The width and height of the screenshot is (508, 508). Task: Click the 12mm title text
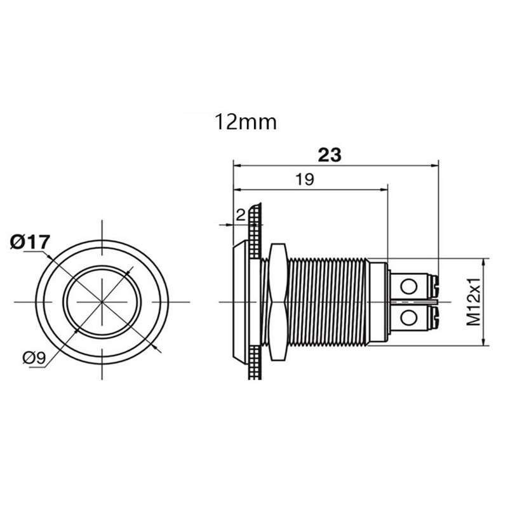246,121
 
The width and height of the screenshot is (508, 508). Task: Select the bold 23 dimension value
329,155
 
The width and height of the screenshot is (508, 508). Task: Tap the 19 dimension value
305,180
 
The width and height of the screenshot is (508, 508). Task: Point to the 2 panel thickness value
239,216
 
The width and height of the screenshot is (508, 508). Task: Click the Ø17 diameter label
30,242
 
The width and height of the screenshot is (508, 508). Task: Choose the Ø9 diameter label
34,358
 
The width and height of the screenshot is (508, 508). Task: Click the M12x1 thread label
473,302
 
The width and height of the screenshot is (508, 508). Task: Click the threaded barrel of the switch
327,302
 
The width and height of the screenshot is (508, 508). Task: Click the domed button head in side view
241,302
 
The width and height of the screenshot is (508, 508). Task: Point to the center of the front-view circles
102,302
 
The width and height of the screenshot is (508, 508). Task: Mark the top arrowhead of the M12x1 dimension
486,261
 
